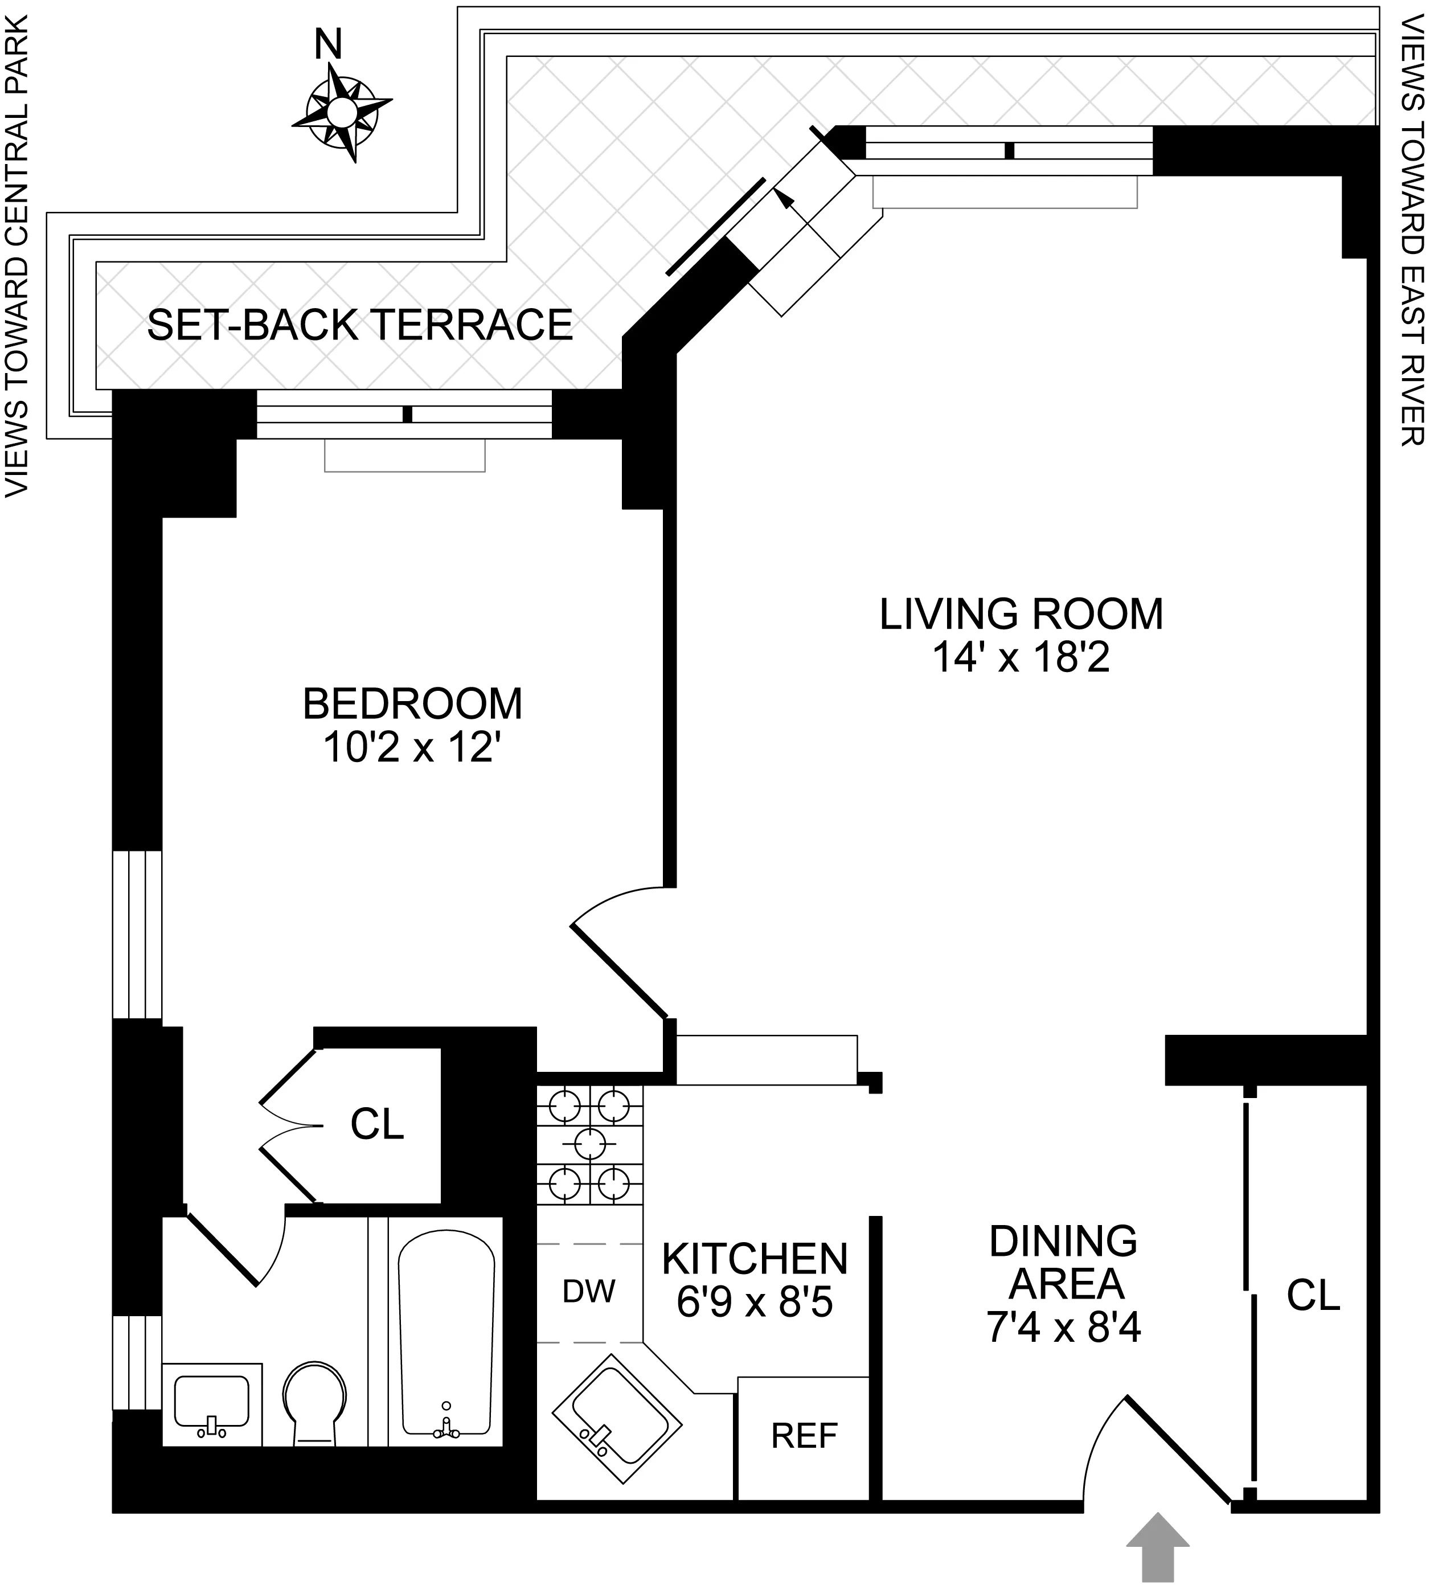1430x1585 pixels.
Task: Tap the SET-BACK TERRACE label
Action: point(360,325)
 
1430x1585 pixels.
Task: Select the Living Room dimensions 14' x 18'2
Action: point(1020,657)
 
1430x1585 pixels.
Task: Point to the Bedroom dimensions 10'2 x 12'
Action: point(412,747)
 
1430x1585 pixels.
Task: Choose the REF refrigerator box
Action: point(804,1436)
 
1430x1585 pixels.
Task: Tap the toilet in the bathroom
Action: point(314,1403)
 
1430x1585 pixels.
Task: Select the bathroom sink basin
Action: point(211,1400)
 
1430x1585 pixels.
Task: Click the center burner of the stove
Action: point(590,1144)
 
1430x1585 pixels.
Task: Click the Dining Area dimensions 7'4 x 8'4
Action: point(1063,1329)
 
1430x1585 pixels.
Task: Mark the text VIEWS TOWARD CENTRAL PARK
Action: point(17,255)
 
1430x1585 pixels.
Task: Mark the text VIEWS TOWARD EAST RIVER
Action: point(1412,224)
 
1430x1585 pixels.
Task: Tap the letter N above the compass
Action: point(329,45)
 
